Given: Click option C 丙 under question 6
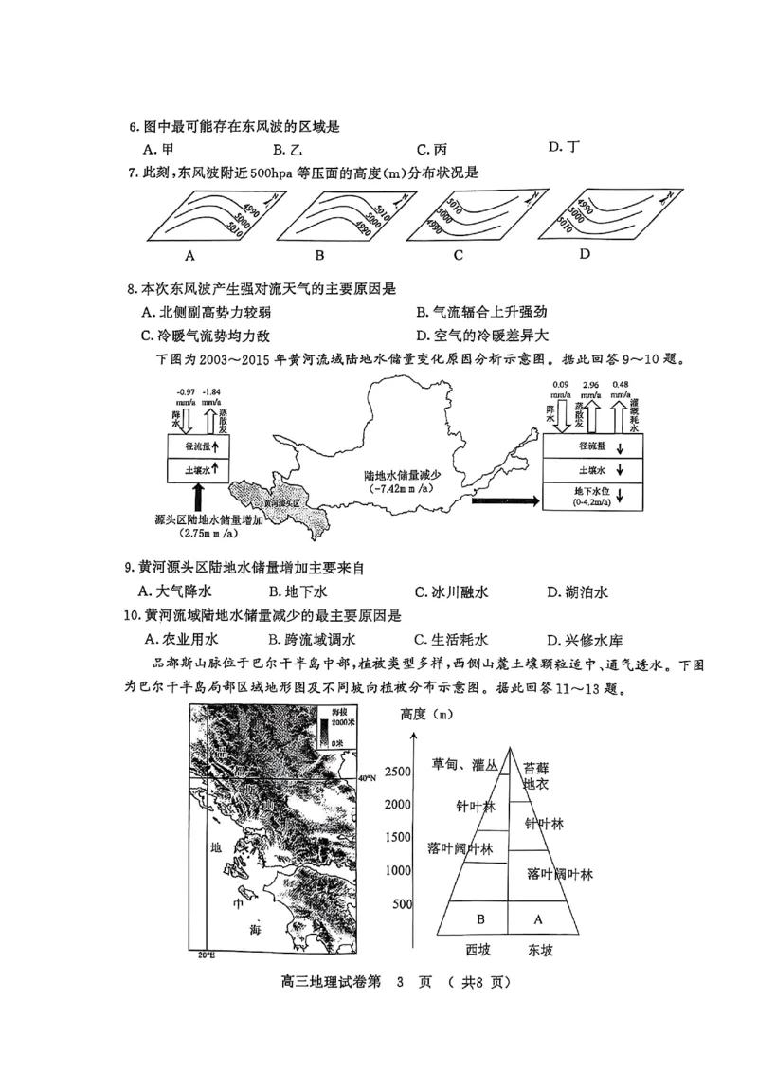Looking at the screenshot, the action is pos(431,149).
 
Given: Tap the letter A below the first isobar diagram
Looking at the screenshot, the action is pos(189,255).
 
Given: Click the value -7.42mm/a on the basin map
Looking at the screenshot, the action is pos(390,489).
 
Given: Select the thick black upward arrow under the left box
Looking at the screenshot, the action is pos(198,497).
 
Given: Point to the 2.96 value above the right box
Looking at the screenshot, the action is pos(591,385).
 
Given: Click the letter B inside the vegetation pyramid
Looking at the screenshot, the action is pos(480,918).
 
